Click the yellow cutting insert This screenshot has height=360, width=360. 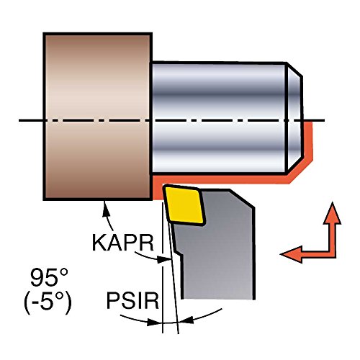click(184, 204)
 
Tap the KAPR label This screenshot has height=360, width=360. click(122, 243)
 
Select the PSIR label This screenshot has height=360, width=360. click(132, 300)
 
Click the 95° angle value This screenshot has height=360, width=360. click(49, 277)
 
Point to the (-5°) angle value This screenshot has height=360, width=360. click(48, 302)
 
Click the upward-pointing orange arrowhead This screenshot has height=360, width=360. click(332, 213)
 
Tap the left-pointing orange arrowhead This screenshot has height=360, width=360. click(291, 254)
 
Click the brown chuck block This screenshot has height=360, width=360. click(97, 117)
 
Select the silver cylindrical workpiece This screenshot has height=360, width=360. click(225, 117)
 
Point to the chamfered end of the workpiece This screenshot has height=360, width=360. click(294, 117)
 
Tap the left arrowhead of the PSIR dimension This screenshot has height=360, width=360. click(154, 323)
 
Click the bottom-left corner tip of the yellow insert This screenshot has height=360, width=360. click(170, 220)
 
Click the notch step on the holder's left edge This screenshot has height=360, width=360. click(179, 253)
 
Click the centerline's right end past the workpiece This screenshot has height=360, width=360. click(325, 120)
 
